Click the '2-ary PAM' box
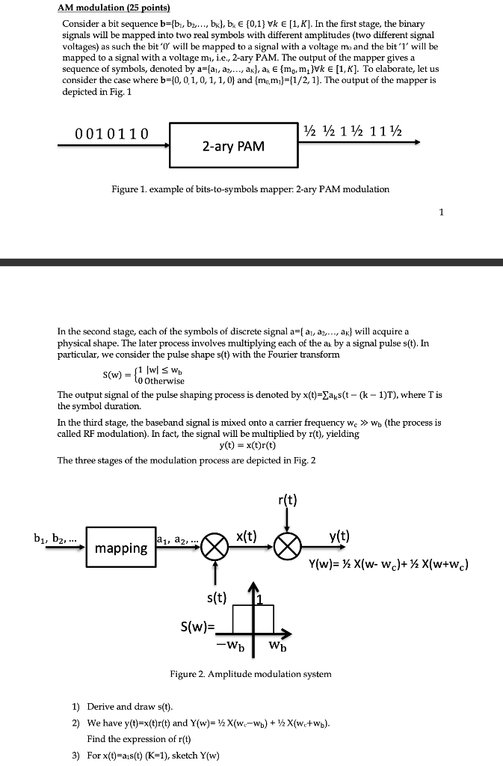click(x=232, y=145)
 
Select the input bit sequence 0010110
click(x=111, y=134)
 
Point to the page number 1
click(x=442, y=212)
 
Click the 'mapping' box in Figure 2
click(x=120, y=548)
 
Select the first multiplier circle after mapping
click(x=215, y=548)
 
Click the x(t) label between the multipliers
click(x=248, y=536)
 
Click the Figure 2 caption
click(x=250, y=674)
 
